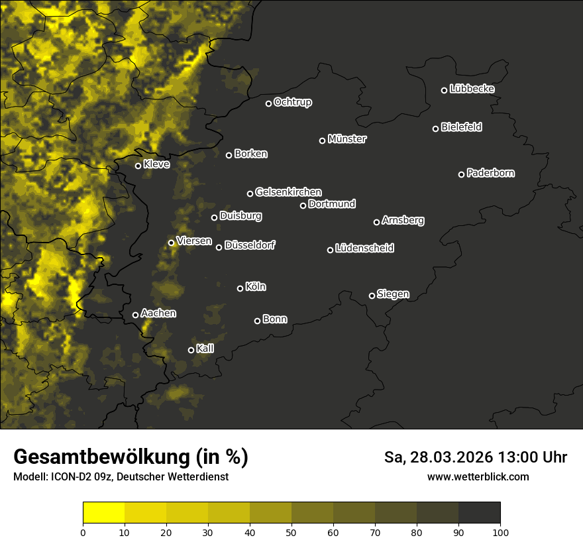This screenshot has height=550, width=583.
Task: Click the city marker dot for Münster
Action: coord(323,140)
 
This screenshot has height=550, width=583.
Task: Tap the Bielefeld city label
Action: coord(461,127)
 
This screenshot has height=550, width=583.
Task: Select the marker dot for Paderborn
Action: coord(462,174)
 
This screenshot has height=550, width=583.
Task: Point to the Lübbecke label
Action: coord(472,89)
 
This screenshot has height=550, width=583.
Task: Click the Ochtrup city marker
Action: coord(269,103)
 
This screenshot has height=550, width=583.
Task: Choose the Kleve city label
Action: coord(156,164)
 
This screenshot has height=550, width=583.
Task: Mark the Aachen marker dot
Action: coord(136,315)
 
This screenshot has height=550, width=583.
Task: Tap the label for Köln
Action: coord(256,287)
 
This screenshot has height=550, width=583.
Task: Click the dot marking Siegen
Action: coord(372,296)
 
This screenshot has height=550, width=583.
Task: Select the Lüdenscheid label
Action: coord(364,248)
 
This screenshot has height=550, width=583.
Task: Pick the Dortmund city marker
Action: coord(303,205)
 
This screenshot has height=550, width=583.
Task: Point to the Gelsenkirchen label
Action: coord(288,192)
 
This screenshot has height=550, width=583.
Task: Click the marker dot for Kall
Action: coord(191,350)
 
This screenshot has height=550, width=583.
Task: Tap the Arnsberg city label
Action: coord(403,221)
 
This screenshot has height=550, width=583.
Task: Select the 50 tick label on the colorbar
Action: coord(291,531)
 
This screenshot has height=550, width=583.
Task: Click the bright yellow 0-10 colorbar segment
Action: coord(104,512)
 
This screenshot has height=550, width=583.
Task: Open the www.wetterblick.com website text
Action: coord(478,476)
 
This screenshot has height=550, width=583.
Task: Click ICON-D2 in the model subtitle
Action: coord(67,476)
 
